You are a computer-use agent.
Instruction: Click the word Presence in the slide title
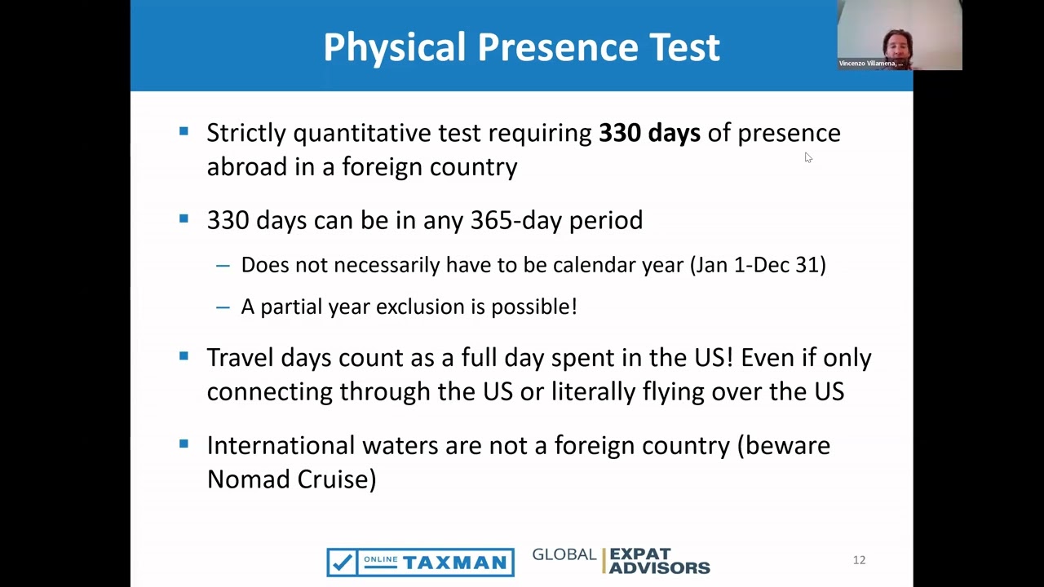557,46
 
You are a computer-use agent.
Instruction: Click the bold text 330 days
650,133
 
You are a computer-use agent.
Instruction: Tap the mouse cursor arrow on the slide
808,157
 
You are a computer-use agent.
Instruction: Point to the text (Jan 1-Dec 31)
758,265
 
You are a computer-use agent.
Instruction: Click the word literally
593,391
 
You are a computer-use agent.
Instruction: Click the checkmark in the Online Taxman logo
342,563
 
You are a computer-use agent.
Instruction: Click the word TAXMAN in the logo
454,563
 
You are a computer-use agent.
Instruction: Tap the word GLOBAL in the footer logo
564,554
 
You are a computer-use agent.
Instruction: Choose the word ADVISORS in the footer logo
660,568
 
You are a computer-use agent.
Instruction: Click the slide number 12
859,559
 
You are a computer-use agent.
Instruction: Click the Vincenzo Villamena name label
870,64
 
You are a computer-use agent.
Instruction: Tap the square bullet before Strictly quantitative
184,131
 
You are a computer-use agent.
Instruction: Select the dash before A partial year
223,307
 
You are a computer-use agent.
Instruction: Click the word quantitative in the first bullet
361,133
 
